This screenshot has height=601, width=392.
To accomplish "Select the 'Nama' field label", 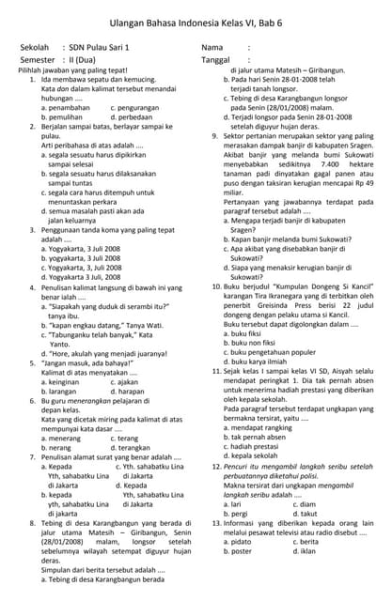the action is click(213, 46).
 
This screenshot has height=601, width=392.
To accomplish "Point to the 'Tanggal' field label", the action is click(218, 59).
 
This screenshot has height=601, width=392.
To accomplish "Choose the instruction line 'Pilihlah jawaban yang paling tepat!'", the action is click(72, 70).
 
